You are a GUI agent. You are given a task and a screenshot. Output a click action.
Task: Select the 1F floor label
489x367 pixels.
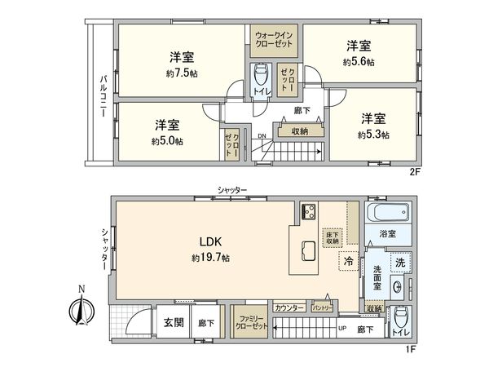tap(412, 349)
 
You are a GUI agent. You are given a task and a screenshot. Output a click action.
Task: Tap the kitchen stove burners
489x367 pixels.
tap(311, 213)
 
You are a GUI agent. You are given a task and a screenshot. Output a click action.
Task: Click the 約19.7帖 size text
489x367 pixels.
tap(210, 258)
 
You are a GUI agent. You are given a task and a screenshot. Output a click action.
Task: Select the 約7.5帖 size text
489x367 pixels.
tap(182, 73)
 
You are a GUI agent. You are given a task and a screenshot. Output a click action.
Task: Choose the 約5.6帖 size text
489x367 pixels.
tap(358, 61)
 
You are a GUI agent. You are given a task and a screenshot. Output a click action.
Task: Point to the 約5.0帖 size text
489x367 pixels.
tap(167, 140)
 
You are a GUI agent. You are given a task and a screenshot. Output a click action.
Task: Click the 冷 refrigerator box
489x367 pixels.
tap(348, 263)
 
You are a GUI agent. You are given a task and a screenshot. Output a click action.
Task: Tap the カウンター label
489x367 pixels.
tap(289, 307)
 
